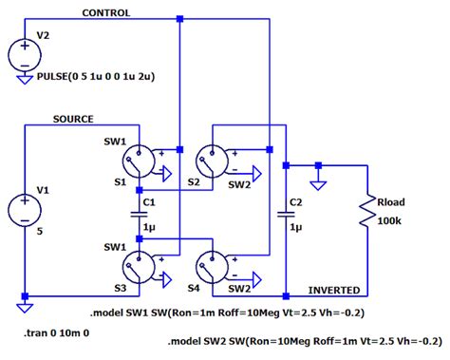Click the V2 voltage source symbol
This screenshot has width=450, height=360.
coord(25,54)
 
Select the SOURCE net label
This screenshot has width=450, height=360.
coord(73,119)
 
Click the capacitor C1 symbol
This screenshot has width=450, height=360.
coord(139,214)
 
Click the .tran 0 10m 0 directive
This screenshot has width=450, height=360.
coord(59,334)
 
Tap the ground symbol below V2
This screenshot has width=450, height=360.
coord(25,81)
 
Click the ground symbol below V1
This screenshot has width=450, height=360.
coord(25,306)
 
